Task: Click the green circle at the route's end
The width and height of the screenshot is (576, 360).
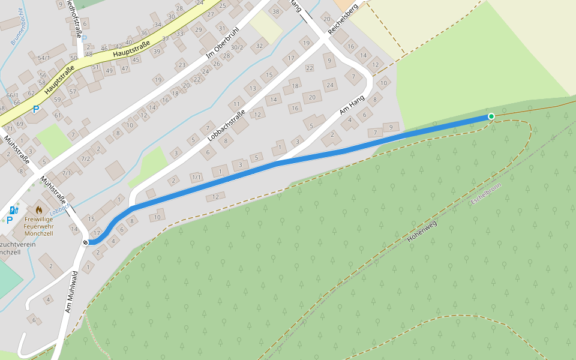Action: pyautogui.click(x=491, y=116)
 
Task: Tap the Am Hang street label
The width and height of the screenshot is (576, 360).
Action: pyautogui.click(x=352, y=105)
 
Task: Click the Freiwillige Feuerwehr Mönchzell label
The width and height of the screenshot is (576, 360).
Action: pyautogui.click(x=39, y=226)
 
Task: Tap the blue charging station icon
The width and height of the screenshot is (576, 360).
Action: pyautogui.click(x=13, y=210)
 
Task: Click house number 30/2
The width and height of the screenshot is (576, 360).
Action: pyautogui.click(x=237, y=47)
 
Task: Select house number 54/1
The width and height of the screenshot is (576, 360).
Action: pyautogui.click(x=44, y=58)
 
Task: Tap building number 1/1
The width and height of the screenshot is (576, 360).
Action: pyautogui.click(x=196, y=177)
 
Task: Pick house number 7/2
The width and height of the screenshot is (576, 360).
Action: pyautogui.click(x=86, y=159)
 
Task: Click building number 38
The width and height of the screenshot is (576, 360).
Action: pyautogui.click(x=275, y=12)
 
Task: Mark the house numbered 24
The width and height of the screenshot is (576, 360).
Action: pyautogui.click(x=330, y=85)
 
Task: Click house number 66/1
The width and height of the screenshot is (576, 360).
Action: pyautogui.click(x=12, y=95)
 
